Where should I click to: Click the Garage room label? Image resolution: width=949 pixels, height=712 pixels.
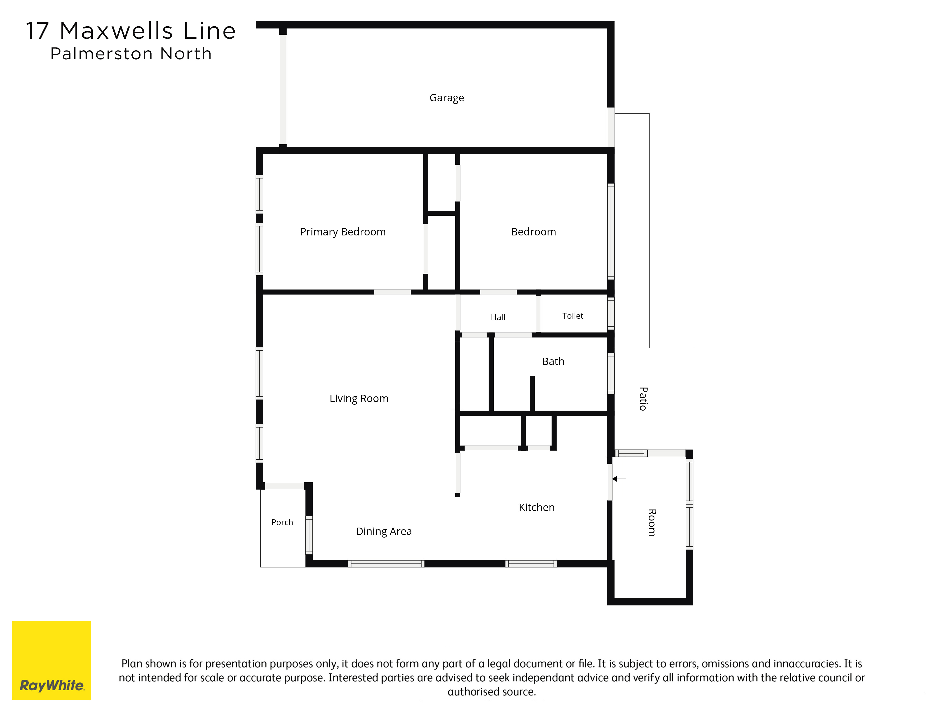447,98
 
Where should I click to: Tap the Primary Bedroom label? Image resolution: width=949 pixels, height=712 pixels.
343,232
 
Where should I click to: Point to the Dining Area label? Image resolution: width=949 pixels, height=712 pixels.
384,531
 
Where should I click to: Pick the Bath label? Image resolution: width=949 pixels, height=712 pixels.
553,361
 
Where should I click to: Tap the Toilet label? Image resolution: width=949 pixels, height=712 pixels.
573,316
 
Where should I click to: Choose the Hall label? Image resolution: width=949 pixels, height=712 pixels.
498,317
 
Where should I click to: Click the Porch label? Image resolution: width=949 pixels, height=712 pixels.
282,522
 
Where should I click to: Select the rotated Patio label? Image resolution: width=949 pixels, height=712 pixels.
643,399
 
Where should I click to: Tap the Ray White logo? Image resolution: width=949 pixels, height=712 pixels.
51,660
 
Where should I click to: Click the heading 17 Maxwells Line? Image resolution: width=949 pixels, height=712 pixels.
131,31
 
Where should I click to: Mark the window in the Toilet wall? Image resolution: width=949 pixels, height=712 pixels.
611,313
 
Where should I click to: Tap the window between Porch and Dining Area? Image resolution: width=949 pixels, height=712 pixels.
309,535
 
